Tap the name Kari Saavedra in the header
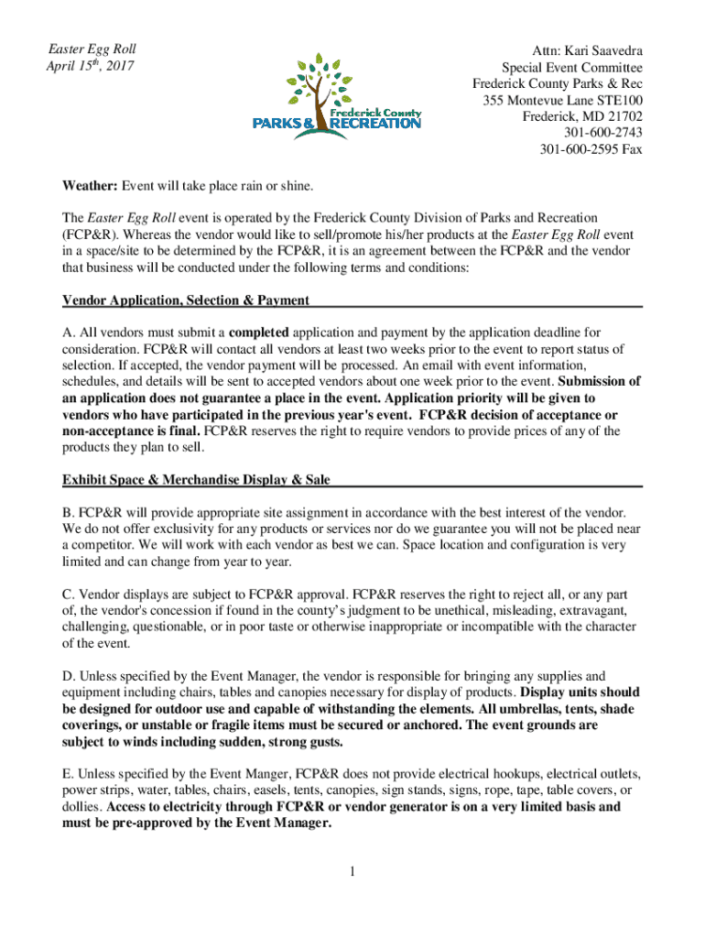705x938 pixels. (601, 50)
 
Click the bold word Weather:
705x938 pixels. (90, 187)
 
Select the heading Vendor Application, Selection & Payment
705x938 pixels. (185, 300)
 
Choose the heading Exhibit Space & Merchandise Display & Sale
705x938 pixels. (196, 480)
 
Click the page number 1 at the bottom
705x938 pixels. (352, 871)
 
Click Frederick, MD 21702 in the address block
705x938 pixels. (582, 116)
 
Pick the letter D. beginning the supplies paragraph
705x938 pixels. (68, 676)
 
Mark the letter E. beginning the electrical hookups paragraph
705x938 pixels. (68, 773)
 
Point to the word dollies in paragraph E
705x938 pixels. (81, 807)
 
